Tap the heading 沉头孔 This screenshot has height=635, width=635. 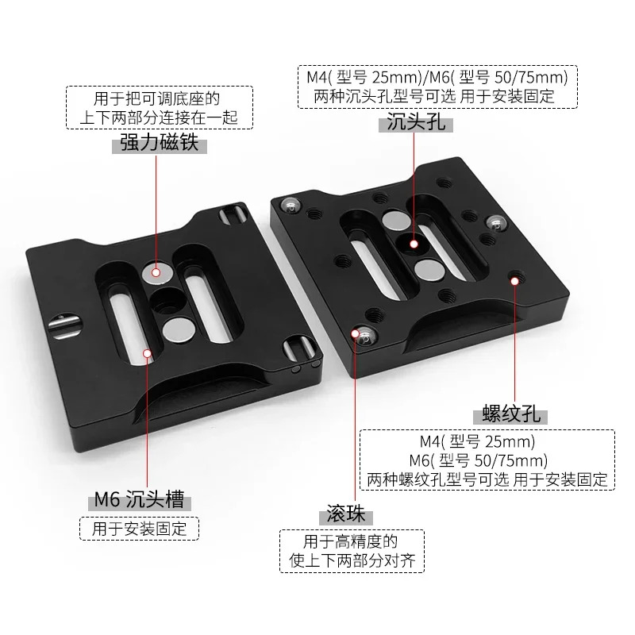pos(416,121)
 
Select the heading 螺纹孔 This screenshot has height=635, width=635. pos(511,414)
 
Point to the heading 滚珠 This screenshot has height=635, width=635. pos(346,514)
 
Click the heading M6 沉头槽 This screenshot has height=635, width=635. pos(140,499)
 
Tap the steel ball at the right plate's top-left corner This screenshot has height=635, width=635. pos(291,205)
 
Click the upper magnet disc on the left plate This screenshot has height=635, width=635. pos(157,272)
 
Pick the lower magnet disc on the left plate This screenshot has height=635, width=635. pos(178,328)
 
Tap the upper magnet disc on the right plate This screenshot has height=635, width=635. pos(396,220)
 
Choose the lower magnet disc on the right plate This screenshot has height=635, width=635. pos(429,270)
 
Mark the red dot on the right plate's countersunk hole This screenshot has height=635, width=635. pos(414,244)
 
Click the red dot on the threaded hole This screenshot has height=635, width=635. pos(514,281)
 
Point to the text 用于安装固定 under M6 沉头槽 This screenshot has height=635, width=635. pos(140,529)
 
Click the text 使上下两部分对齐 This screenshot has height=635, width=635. pos(352,560)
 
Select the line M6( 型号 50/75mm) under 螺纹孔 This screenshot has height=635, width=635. pos(479,460)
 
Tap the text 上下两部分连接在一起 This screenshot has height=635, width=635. pos(160,117)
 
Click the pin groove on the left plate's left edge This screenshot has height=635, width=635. pos(65,325)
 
